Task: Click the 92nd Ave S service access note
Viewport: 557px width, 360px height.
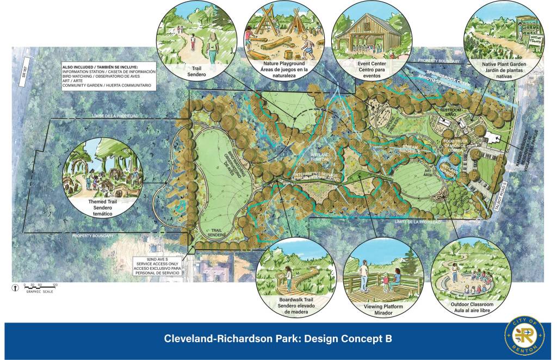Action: [x=158, y=266]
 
